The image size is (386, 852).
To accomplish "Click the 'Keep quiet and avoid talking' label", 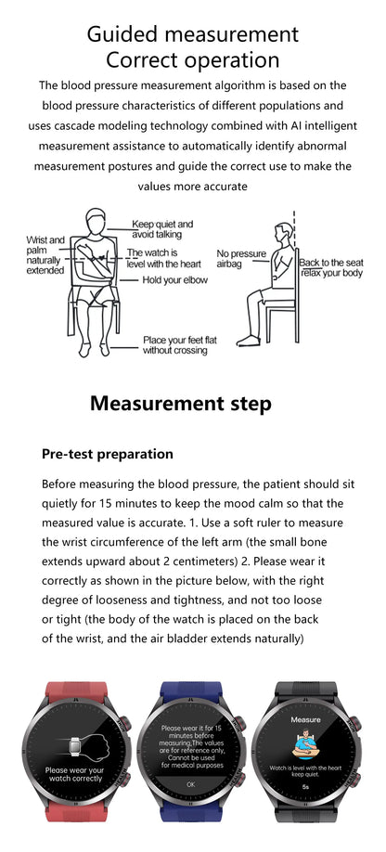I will pyautogui.click(x=162, y=229).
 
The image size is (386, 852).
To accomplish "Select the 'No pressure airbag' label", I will pyautogui.click(x=240, y=258).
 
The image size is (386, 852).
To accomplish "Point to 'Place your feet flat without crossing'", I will pyautogui.click(x=180, y=345).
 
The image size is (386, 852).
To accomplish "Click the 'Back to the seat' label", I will pyautogui.click(x=331, y=262).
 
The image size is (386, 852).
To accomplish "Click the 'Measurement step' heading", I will pyautogui.click(x=181, y=404).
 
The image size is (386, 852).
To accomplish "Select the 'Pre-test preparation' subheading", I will pyautogui.click(x=108, y=454).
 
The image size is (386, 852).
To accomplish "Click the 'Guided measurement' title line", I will pyautogui.click(x=193, y=34).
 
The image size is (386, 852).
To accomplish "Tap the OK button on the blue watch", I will pyautogui.click(x=191, y=784).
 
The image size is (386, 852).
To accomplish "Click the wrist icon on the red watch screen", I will pyautogui.click(x=74, y=744).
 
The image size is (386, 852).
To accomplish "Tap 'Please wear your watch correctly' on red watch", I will pyautogui.click(x=74, y=775).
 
